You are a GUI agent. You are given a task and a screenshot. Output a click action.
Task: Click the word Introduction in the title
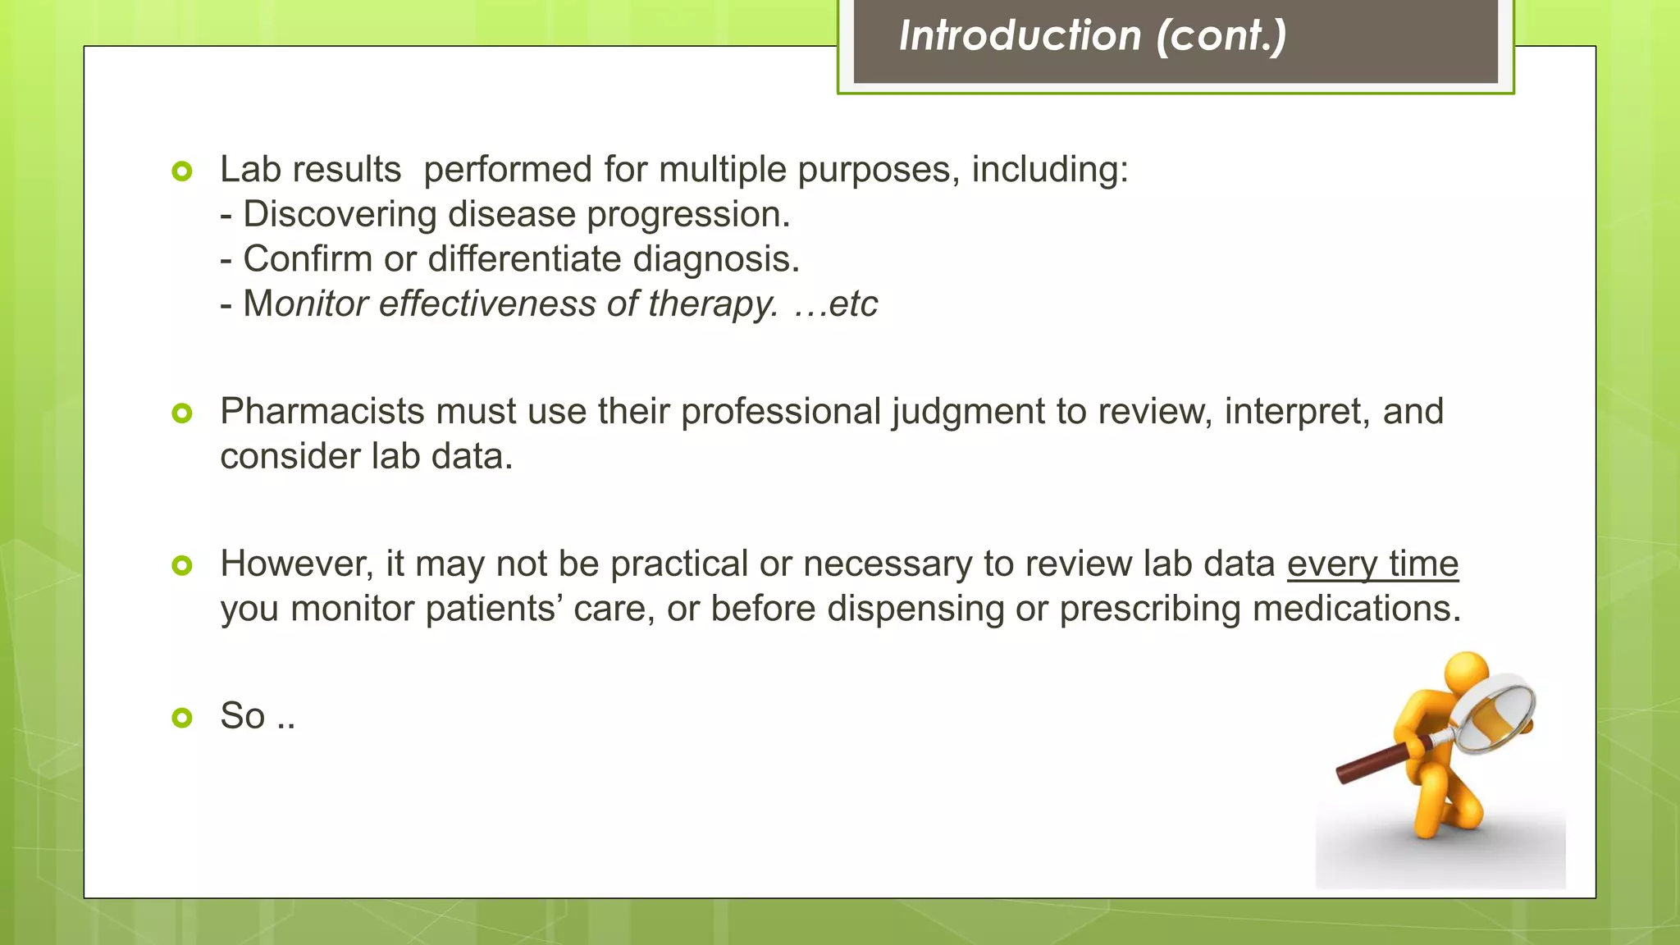pyautogui.click(x=1020, y=36)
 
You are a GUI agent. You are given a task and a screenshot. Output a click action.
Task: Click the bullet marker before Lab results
pyautogui.click(x=182, y=171)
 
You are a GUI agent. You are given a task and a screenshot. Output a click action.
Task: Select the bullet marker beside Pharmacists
pyautogui.click(x=182, y=413)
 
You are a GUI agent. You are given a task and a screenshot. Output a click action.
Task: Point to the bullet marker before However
pyautogui.click(x=182, y=565)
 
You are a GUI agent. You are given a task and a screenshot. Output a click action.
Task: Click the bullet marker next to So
pyautogui.click(x=182, y=718)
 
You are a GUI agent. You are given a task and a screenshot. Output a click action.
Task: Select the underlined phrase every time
pyautogui.click(x=1372, y=564)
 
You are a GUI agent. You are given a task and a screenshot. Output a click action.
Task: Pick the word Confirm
pyautogui.click(x=308, y=259)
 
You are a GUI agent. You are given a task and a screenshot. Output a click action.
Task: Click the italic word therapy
pyautogui.click(x=712, y=304)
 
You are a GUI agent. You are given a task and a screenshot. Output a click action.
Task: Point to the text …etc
pyautogui.click(x=836, y=304)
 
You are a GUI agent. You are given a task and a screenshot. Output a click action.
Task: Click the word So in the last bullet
pyautogui.click(x=242, y=716)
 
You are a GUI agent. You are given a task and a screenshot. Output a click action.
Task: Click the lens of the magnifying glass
pyautogui.click(x=1494, y=710)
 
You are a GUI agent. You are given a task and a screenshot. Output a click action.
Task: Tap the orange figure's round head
pyautogui.click(x=1466, y=672)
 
